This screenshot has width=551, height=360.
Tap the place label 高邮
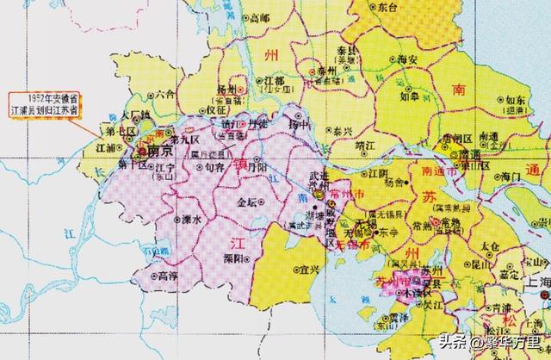tap(257, 16)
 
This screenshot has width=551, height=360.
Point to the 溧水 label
tap(190, 220)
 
